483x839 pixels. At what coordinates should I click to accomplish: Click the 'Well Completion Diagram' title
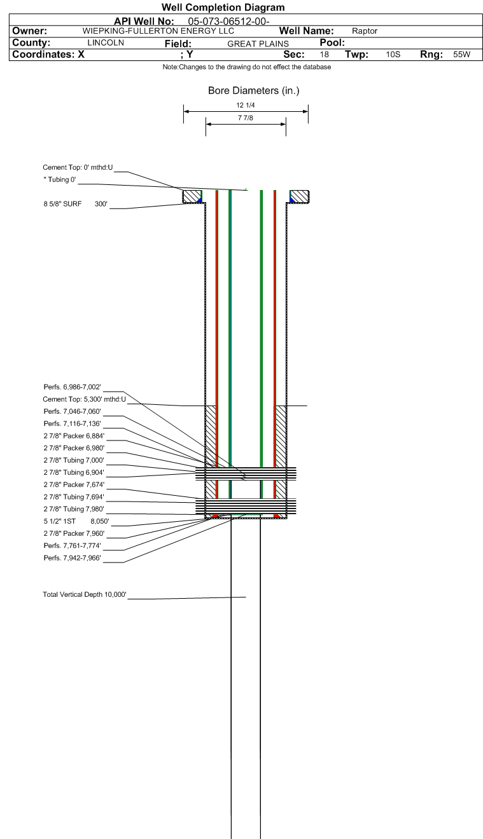point(223,7)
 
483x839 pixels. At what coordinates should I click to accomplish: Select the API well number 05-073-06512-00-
point(228,22)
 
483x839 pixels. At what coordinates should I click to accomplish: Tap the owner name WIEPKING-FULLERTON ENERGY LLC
point(158,31)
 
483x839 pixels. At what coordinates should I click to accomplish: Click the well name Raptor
point(365,31)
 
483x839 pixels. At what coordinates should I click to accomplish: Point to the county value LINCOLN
point(106,43)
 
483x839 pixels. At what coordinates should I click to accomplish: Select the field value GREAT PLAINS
point(258,44)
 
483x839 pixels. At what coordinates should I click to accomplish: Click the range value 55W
point(461,54)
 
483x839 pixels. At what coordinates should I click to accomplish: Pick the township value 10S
point(393,54)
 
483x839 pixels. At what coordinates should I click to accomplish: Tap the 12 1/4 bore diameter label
point(246,106)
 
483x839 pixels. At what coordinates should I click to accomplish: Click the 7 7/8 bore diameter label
point(246,118)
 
